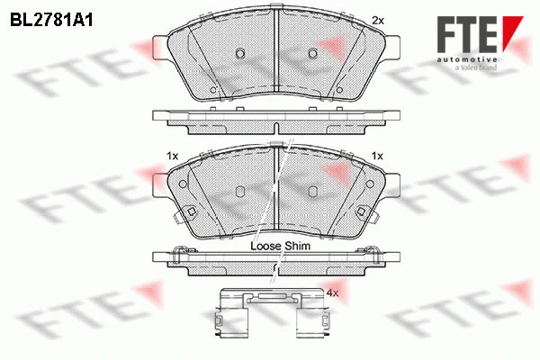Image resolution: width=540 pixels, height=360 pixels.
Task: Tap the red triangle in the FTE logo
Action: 511,29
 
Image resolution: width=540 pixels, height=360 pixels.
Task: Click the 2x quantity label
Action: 378,20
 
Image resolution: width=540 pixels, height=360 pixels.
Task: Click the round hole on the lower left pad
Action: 183,185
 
